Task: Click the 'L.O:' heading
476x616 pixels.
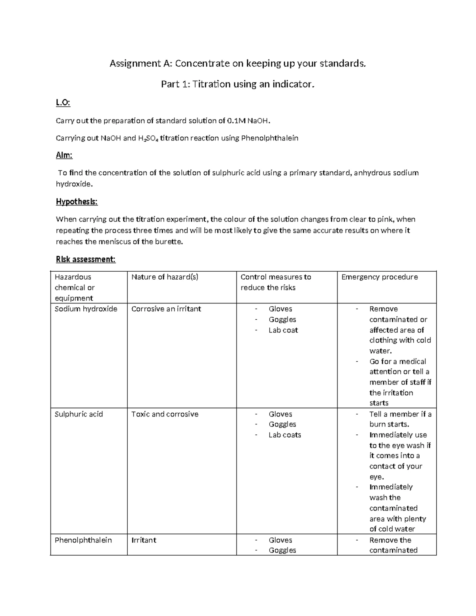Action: pos(63,103)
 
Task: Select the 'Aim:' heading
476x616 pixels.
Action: pos(64,155)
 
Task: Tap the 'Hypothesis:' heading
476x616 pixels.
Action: pos(77,202)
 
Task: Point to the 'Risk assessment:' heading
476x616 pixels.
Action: pos(86,259)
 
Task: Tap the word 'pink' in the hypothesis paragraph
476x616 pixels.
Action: pos(385,219)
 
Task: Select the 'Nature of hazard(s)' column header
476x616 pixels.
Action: pos(165,277)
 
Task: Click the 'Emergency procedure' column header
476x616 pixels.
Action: pos(380,277)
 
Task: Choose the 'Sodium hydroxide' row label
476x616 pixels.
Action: pos(86,309)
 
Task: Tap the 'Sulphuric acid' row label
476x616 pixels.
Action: pos(79,414)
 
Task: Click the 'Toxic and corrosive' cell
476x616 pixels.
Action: pos(165,414)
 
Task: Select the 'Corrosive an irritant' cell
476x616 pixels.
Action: pos(166,309)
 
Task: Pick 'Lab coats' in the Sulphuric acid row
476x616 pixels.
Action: pos(285,435)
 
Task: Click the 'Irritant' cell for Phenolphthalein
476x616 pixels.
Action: pos(144,540)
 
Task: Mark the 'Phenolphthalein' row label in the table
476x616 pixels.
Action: pos(83,540)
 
